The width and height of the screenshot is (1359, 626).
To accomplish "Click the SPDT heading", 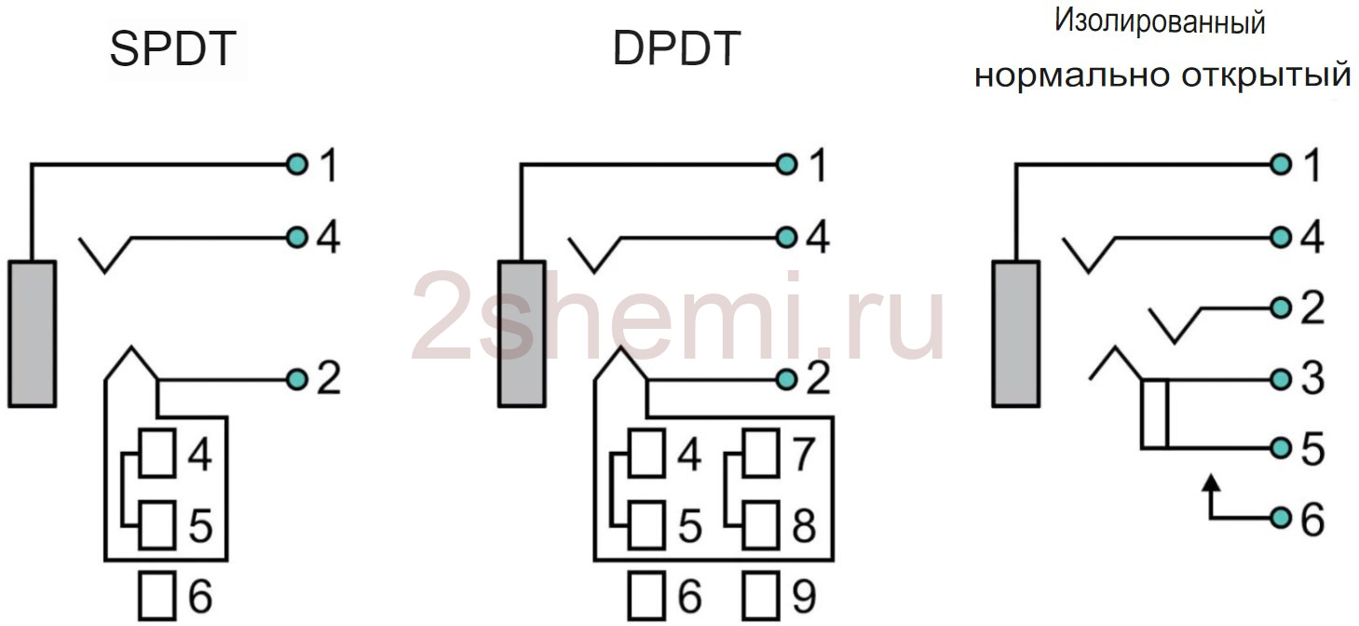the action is (x=173, y=48).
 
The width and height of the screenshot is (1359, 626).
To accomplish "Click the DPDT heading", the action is (x=676, y=48).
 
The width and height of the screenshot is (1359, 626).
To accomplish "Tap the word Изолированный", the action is (x=1160, y=21).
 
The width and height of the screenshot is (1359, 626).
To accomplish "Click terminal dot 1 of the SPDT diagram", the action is (x=297, y=164).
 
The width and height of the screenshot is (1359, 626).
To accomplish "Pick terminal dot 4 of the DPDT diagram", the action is (x=786, y=238).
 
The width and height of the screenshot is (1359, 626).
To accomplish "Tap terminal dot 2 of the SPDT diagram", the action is (x=297, y=380).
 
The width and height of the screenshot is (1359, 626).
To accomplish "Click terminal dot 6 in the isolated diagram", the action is (x=1281, y=518).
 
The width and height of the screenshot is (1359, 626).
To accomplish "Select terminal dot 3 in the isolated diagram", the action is (x=1281, y=380).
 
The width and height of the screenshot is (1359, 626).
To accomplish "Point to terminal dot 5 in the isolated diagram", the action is (x=1281, y=448).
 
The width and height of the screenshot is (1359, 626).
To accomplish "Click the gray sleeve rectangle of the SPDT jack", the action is (x=33, y=333).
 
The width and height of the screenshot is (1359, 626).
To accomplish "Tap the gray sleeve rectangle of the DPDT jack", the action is (x=522, y=333).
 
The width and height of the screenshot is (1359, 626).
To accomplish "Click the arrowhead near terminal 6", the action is (x=1211, y=483).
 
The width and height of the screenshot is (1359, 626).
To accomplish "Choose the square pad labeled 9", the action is (x=761, y=595).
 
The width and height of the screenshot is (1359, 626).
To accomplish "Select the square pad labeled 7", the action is (x=761, y=453).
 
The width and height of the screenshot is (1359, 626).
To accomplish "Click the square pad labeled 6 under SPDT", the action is (x=157, y=595).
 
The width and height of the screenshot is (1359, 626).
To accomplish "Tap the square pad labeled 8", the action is (x=761, y=524).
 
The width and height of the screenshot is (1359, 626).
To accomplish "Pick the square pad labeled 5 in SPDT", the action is (x=157, y=524).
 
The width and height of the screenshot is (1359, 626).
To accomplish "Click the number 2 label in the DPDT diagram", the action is (x=819, y=378).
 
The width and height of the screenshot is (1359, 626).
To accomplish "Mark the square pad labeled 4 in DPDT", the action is (x=646, y=453).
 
